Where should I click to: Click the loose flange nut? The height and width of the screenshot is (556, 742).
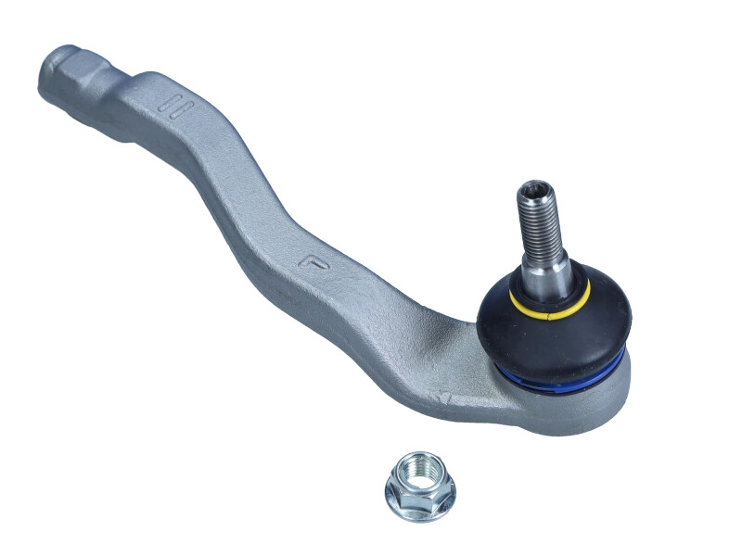point(419,486)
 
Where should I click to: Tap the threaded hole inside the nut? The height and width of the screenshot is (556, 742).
point(419,474)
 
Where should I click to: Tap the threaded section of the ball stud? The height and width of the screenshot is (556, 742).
point(538,222)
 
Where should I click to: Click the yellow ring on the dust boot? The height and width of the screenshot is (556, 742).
point(516,298)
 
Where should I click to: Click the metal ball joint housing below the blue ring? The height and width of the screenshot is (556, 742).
point(575,408)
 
